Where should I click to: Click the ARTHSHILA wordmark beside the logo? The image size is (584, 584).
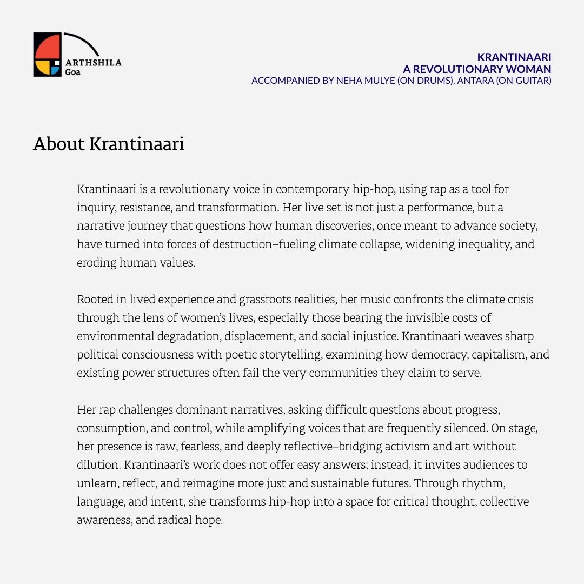click(x=92, y=63)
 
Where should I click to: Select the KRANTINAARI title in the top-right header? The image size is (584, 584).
click(x=514, y=57)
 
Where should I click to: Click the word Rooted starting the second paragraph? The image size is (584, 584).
click(x=95, y=300)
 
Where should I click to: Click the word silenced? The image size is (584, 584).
click(x=466, y=428)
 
